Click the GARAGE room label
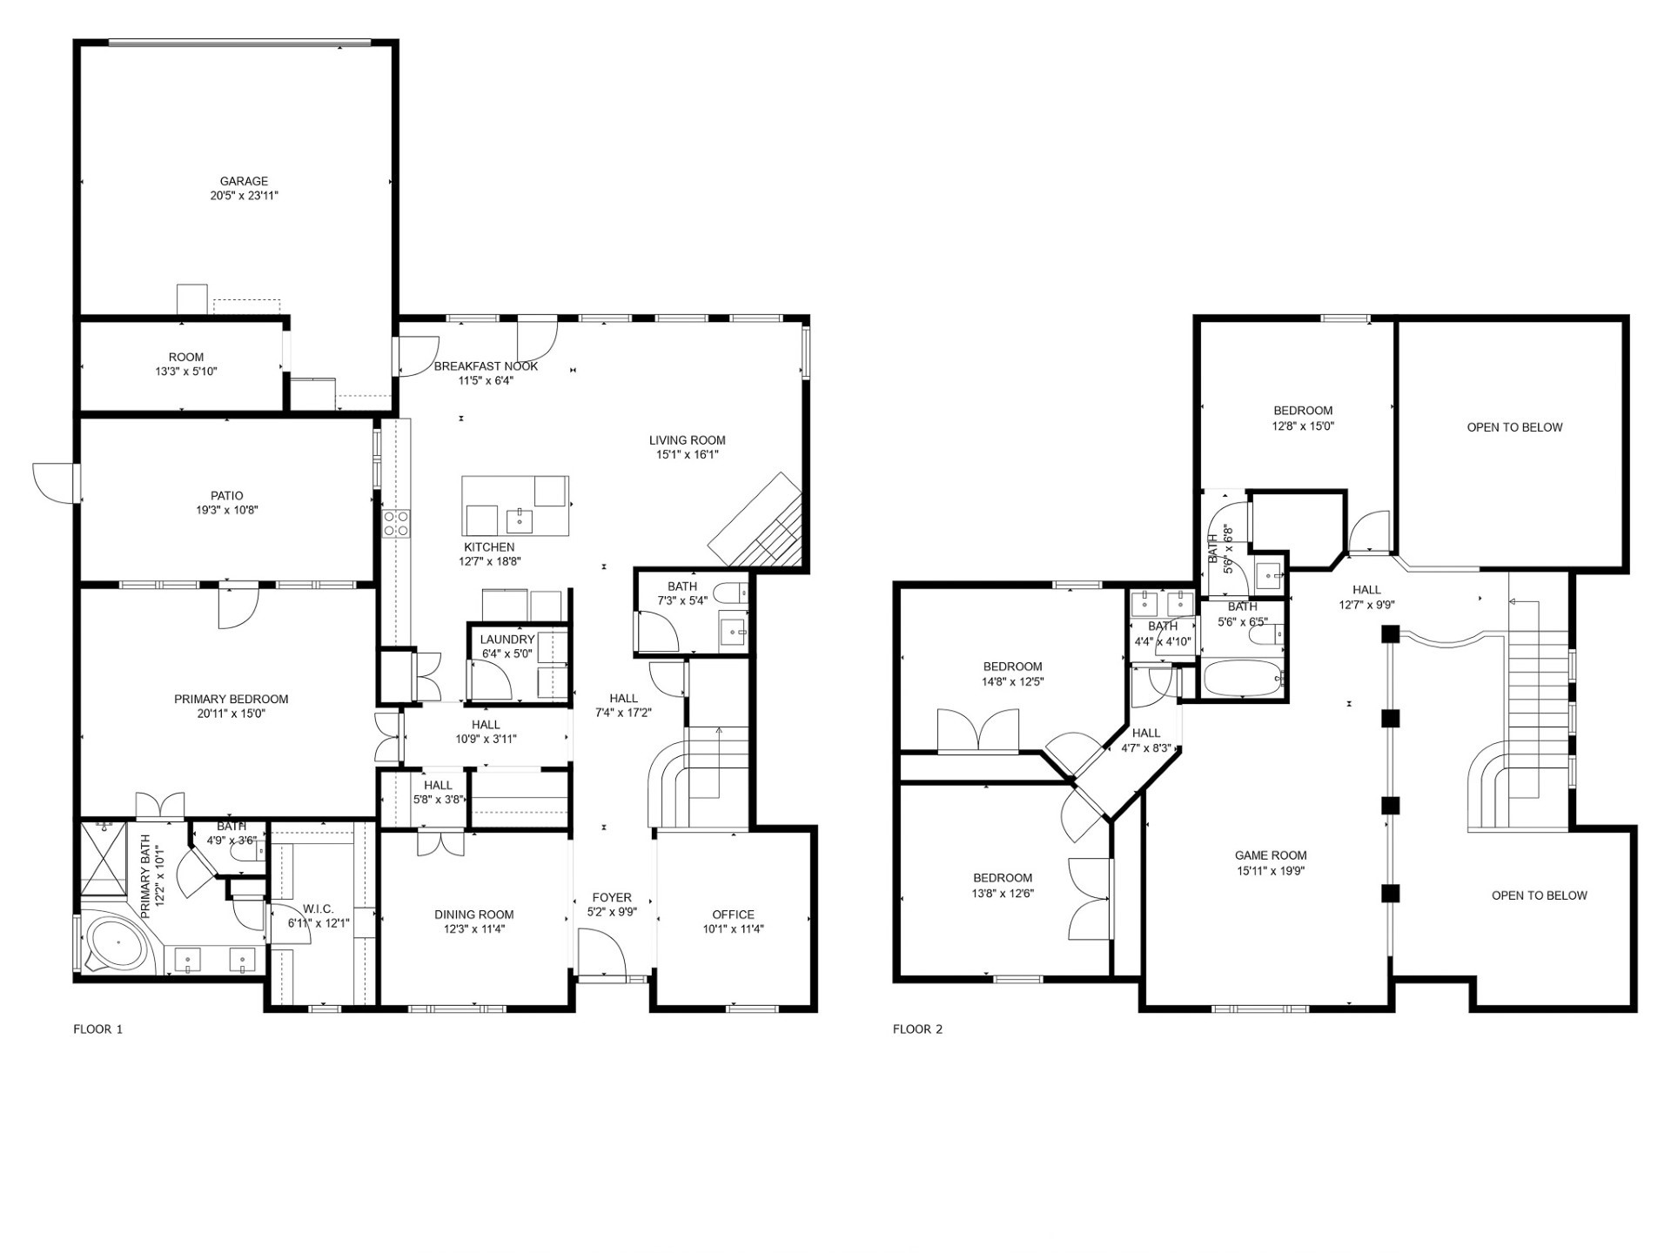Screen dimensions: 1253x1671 pyautogui.click(x=244, y=182)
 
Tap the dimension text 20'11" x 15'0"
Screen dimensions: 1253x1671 pyautogui.click(x=231, y=714)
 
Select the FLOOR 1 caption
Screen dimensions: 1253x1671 pyautogui.click(x=97, y=1029)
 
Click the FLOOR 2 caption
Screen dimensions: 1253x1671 pyautogui.click(x=917, y=1029)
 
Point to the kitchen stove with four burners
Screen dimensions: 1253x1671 pyautogui.click(x=397, y=523)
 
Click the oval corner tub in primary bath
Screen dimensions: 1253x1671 pyautogui.click(x=114, y=945)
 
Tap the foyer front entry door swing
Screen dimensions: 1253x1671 pyautogui.click(x=601, y=952)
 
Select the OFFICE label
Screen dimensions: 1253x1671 pyautogui.click(x=733, y=915)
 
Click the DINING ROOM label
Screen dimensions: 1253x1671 pyautogui.click(x=474, y=915)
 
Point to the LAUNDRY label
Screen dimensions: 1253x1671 pyautogui.click(x=507, y=640)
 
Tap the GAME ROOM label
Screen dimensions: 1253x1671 pyautogui.click(x=1271, y=855)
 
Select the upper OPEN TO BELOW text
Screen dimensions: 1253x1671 pyautogui.click(x=1514, y=427)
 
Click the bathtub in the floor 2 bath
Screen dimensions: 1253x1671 pyautogui.click(x=1242, y=678)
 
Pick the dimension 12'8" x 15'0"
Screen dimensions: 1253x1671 pyautogui.click(x=1303, y=426)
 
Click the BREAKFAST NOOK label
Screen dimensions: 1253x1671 pyautogui.click(x=486, y=366)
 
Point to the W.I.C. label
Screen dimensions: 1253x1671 pyautogui.click(x=319, y=909)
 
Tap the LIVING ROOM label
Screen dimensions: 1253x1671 pyautogui.click(x=687, y=440)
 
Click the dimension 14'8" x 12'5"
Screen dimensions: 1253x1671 pyautogui.click(x=1012, y=682)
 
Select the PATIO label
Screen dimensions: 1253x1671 pyautogui.click(x=226, y=496)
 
